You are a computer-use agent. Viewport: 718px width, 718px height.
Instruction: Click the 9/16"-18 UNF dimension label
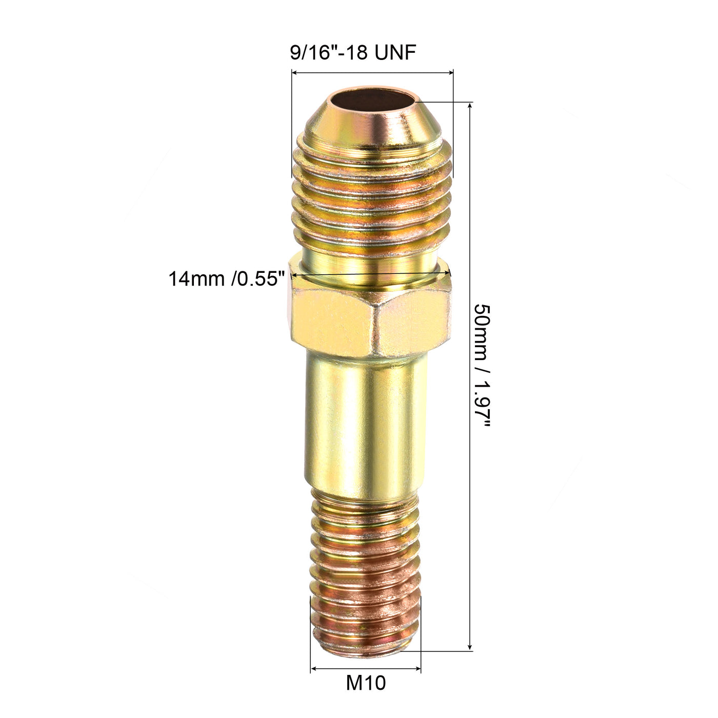tap(353, 52)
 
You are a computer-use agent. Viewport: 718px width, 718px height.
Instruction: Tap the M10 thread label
tap(366, 683)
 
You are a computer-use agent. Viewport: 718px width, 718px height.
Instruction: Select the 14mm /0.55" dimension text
tap(226, 279)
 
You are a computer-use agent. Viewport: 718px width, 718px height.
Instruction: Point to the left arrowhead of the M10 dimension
tap(313, 669)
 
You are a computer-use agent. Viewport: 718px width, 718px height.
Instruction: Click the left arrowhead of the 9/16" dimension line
tap(294, 73)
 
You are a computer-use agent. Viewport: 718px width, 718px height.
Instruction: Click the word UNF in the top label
tap(394, 52)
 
